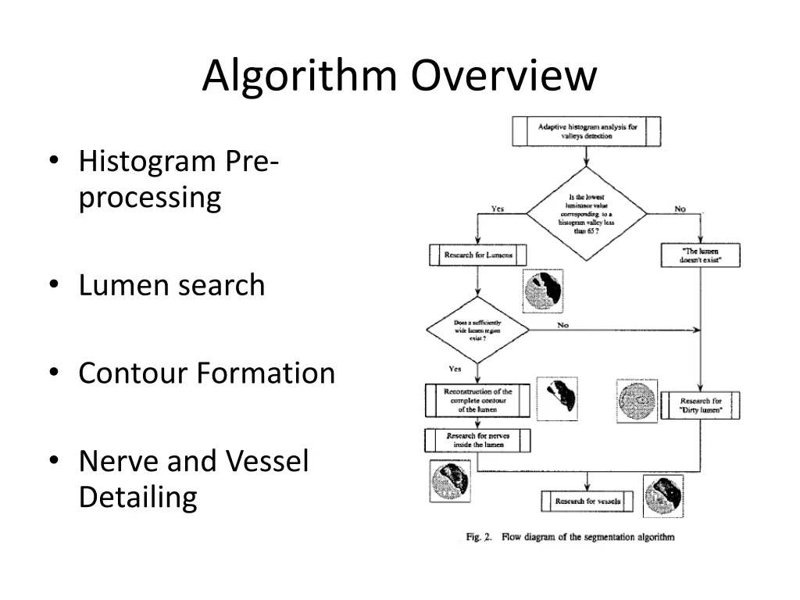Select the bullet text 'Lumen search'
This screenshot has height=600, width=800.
tap(172, 285)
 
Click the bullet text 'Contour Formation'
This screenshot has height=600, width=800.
tap(206, 373)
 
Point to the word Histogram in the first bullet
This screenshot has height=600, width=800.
tap(147, 162)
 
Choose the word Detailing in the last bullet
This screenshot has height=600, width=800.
tap(137, 497)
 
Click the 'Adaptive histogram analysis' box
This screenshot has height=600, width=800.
tap(586, 130)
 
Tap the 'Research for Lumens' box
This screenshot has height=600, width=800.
tap(478, 255)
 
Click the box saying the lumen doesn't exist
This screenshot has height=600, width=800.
tap(700, 255)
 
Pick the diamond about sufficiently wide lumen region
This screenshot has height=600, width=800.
tap(477, 329)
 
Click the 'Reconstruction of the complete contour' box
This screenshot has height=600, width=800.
tap(477, 401)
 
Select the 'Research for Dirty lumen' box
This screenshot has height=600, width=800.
tap(700, 405)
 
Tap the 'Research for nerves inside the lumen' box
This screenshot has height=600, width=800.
tap(477, 440)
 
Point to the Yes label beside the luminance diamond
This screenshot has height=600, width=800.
tap(497, 209)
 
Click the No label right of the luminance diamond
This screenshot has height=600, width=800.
tap(680, 209)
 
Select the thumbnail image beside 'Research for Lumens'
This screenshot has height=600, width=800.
tap(543, 291)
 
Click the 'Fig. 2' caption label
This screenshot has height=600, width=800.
tap(477, 537)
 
